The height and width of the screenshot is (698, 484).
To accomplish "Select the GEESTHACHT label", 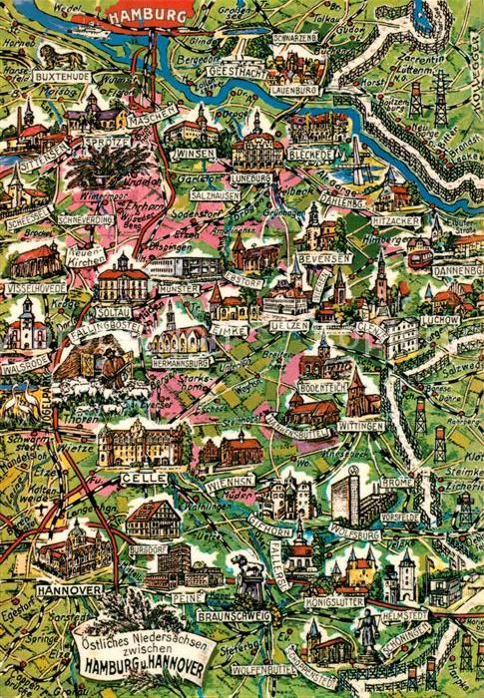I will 237,72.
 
